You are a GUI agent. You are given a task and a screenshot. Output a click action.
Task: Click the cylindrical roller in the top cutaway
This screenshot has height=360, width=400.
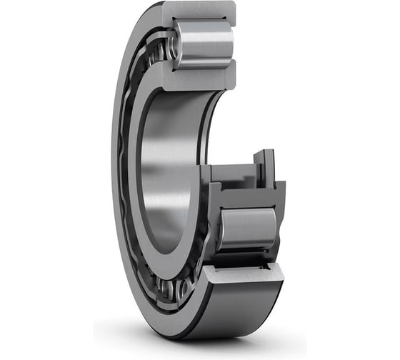click(x=204, y=44)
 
